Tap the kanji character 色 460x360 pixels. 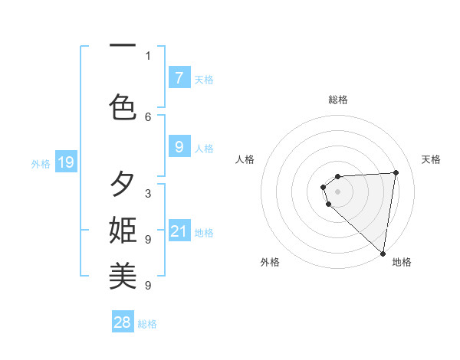point(123,106)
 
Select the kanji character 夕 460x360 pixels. point(123,185)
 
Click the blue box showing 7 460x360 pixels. point(179,77)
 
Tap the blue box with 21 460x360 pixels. point(179,231)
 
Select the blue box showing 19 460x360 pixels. point(66,162)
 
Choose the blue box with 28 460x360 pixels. point(123,322)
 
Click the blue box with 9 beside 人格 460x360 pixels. point(179,147)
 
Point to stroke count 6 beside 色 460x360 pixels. point(148,116)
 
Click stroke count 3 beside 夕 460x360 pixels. point(148,194)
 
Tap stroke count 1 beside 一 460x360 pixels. point(148,55)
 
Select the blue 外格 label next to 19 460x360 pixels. point(41,163)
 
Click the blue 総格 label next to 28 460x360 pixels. point(147,324)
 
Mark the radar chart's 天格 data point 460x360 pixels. point(396,172)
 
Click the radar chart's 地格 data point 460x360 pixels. point(383,252)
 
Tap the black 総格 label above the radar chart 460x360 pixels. point(338,100)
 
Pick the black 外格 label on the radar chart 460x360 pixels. point(270,263)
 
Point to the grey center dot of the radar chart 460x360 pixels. point(338,191)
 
